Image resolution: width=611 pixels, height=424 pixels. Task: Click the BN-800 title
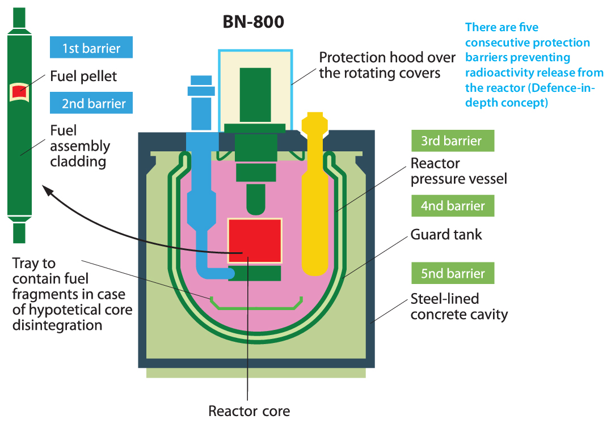[253, 22]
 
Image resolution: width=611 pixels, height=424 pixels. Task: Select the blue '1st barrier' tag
[91, 48]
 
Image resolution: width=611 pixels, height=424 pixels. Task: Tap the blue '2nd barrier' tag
[91, 103]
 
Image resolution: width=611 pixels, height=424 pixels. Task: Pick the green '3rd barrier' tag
[453, 141]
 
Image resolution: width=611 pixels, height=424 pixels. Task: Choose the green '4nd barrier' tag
[453, 206]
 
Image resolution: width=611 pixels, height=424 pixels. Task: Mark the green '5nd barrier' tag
[453, 273]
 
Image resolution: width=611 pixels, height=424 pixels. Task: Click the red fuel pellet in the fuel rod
[19, 92]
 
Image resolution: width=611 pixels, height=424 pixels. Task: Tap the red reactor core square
[255, 240]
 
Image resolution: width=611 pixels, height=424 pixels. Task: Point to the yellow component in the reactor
[314, 194]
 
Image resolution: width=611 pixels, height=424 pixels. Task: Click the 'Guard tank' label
[446, 234]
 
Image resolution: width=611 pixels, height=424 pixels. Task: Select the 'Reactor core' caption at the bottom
[249, 411]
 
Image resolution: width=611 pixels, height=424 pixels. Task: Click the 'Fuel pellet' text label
[83, 77]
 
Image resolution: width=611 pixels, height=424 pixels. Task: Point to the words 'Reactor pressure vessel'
[458, 171]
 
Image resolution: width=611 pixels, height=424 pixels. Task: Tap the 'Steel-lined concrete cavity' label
[459, 307]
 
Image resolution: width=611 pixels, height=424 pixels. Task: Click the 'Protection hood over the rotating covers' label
[387, 65]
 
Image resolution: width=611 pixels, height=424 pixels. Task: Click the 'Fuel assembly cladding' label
[80, 146]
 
